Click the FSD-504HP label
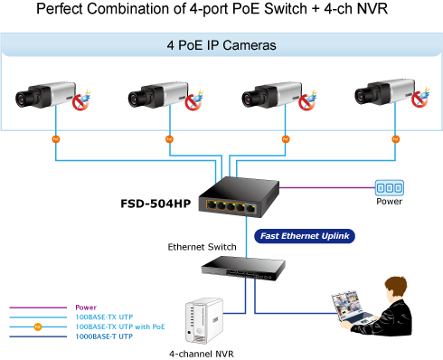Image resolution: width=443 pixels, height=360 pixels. (156, 204)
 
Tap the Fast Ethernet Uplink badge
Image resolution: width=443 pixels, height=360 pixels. (305, 236)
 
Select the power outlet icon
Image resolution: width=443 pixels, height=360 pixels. (390, 188)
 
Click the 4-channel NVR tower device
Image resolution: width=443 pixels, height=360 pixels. (204, 321)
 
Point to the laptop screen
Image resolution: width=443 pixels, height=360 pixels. (346, 305)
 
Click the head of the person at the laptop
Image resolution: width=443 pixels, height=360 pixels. (397, 289)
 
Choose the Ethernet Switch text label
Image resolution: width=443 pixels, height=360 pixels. (202, 247)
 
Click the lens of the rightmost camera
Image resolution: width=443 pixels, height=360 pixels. (362, 96)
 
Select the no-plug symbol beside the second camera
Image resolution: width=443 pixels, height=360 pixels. (193, 102)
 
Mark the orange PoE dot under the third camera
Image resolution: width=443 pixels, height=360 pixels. (286, 139)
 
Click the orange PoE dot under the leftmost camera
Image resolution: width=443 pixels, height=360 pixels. (56, 139)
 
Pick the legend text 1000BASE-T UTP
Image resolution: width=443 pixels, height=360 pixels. (104, 336)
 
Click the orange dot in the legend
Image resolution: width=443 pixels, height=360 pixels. (38, 327)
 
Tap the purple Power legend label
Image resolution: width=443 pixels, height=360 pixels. (86, 308)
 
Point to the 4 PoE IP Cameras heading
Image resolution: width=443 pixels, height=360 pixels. (221, 45)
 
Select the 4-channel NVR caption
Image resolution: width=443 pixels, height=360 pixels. (202, 354)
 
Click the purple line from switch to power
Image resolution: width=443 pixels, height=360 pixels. (327, 187)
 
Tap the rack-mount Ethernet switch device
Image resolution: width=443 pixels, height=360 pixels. (243, 268)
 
